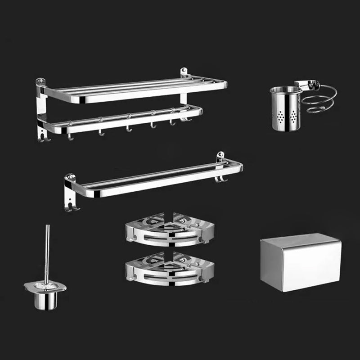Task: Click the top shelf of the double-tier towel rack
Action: coord(135,90)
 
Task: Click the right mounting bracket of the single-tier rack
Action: coord(220,157)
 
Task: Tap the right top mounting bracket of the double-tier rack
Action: coord(184,72)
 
